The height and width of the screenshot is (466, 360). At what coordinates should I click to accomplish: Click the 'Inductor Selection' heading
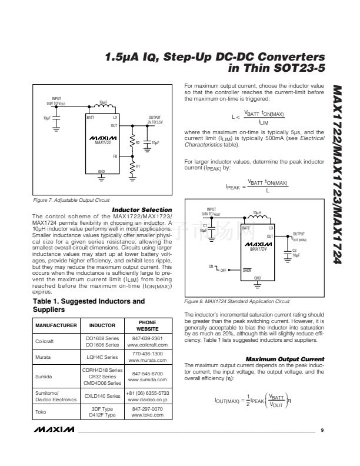(x=143, y=210)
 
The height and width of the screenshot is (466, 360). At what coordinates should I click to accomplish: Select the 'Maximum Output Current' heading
(x=285, y=358)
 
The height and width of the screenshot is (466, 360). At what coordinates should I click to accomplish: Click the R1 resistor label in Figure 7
(x=138, y=167)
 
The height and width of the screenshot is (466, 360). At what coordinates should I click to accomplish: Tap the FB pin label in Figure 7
(x=115, y=156)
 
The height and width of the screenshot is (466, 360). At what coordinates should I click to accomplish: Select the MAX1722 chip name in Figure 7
(x=103, y=142)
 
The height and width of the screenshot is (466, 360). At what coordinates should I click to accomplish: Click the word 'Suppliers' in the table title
(x=48, y=309)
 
